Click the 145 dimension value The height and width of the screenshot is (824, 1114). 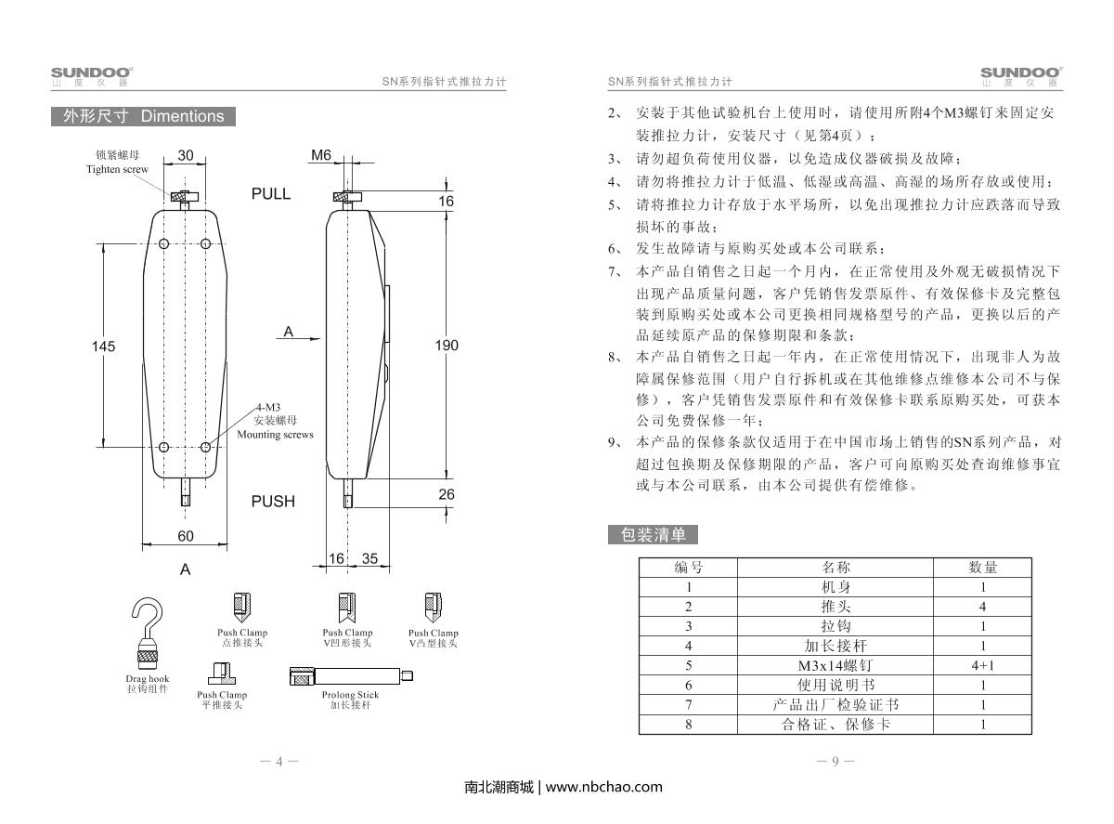click(x=103, y=346)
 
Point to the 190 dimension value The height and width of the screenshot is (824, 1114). click(x=447, y=345)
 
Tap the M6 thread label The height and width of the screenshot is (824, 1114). click(x=321, y=155)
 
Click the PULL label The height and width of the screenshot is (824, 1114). click(x=271, y=193)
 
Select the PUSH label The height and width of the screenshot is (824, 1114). click(x=273, y=501)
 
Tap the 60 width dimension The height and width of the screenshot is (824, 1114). click(x=186, y=536)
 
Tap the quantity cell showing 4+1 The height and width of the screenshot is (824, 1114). click(x=983, y=665)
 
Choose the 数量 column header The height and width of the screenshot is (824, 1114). click(x=983, y=567)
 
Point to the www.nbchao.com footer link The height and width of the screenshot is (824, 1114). click(x=604, y=787)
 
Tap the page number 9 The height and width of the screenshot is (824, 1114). click(x=835, y=762)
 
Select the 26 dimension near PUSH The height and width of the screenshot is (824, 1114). click(x=447, y=494)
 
